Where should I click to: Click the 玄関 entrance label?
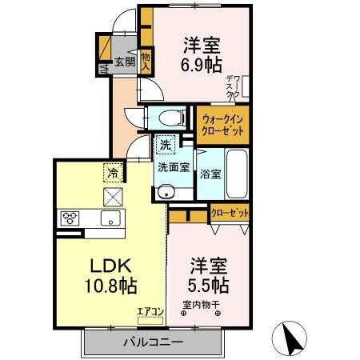[x=123, y=62]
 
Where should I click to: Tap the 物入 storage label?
[x=146, y=62]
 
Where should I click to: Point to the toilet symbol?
[x=168, y=117]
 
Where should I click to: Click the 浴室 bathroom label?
[x=210, y=174]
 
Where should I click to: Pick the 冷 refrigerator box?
[x=113, y=170]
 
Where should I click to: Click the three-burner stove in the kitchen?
[x=69, y=218]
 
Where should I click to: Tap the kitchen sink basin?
[x=110, y=218]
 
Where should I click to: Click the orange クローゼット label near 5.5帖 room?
[x=230, y=214]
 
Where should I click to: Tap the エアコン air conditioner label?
[x=150, y=312]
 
